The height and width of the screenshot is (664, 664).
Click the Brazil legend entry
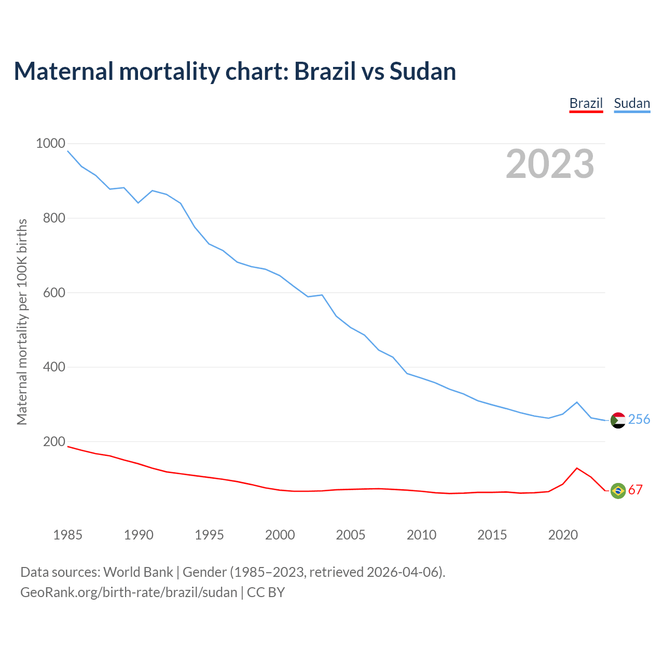(x=586, y=103)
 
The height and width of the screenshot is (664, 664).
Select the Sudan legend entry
(x=632, y=103)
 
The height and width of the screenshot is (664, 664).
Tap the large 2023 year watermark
(x=550, y=164)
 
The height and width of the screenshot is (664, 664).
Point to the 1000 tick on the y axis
(x=50, y=143)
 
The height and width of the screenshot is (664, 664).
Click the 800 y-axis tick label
(x=54, y=218)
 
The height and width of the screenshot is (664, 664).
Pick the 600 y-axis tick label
(x=54, y=293)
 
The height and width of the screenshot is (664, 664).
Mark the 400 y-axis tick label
(x=54, y=367)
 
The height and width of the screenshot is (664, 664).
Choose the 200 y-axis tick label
(x=54, y=441)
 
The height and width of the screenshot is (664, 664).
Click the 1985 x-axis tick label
(x=68, y=534)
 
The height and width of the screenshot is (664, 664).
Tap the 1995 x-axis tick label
(x=209, y=534)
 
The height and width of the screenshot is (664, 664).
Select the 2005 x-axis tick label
(x=351, y=534)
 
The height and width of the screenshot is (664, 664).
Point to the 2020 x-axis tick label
(x=563, y=534)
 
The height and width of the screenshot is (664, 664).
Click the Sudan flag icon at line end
(x=618, y=420)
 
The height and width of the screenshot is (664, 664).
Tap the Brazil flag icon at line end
(x=618, y=490)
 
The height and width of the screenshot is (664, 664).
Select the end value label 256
(x=639, y=419)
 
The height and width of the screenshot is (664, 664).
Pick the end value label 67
(x=635, y=490)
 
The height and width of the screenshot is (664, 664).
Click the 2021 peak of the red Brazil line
(x=577, y=468)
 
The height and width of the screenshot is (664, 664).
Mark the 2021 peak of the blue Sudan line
(x=577, y=402)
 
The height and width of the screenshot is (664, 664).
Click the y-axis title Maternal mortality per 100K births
(x=22, y=322)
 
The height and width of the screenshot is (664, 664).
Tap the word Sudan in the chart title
(x=423, y=71)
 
